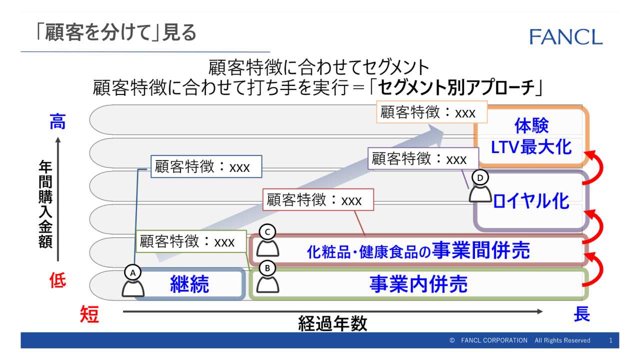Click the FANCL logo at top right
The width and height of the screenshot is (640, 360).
[566, 37]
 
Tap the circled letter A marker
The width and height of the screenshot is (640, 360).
[133, 272]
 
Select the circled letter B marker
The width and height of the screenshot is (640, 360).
[267, 268]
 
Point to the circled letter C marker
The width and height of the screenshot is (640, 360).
[267, 231]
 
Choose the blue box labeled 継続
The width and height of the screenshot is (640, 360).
[189, 284]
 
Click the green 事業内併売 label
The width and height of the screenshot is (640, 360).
[418, 284]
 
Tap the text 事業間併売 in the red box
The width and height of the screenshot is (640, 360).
[481, 250]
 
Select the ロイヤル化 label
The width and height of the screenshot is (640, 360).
[531, 201]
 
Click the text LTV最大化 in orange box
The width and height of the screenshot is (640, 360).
[531, 147]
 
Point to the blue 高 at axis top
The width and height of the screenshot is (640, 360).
[57, 121]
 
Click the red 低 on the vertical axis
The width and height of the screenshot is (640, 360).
[57, 280]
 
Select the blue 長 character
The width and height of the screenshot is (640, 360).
[581, 314]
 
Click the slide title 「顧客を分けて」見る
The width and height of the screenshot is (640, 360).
[116, 33]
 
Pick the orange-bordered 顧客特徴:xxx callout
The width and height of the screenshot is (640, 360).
[431, 112]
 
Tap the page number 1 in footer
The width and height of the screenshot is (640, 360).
[610, 340]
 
